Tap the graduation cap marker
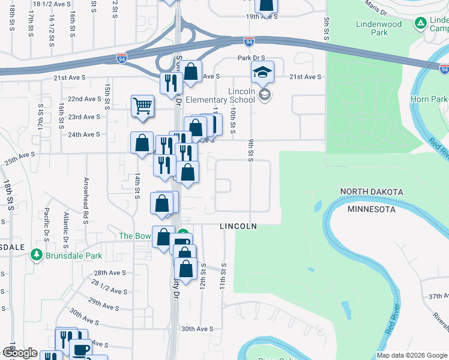click(x=262, y=73)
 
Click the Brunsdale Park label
click(x=76, y=256)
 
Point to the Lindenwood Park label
click(x=379, y=28)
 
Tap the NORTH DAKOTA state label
click(x=372, y=191)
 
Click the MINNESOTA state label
click(x=372, y=209)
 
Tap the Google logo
click(x=20, y=353)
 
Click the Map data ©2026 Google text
click(x=411, y=355)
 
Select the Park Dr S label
click(x=251, y=58)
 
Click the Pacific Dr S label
click(x=46, y=222)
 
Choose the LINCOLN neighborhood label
click(x=238, y=226)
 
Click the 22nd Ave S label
click(x=84, y=99)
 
